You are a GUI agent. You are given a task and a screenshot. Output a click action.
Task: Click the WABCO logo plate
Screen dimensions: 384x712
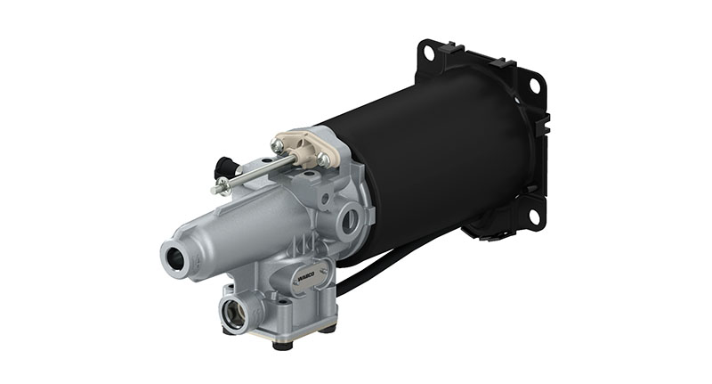300,279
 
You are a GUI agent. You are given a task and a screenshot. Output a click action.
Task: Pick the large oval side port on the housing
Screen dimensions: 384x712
351,217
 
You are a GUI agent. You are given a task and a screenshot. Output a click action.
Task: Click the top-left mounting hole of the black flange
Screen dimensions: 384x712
428,53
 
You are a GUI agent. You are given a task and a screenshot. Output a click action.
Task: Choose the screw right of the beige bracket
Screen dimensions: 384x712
324,160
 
